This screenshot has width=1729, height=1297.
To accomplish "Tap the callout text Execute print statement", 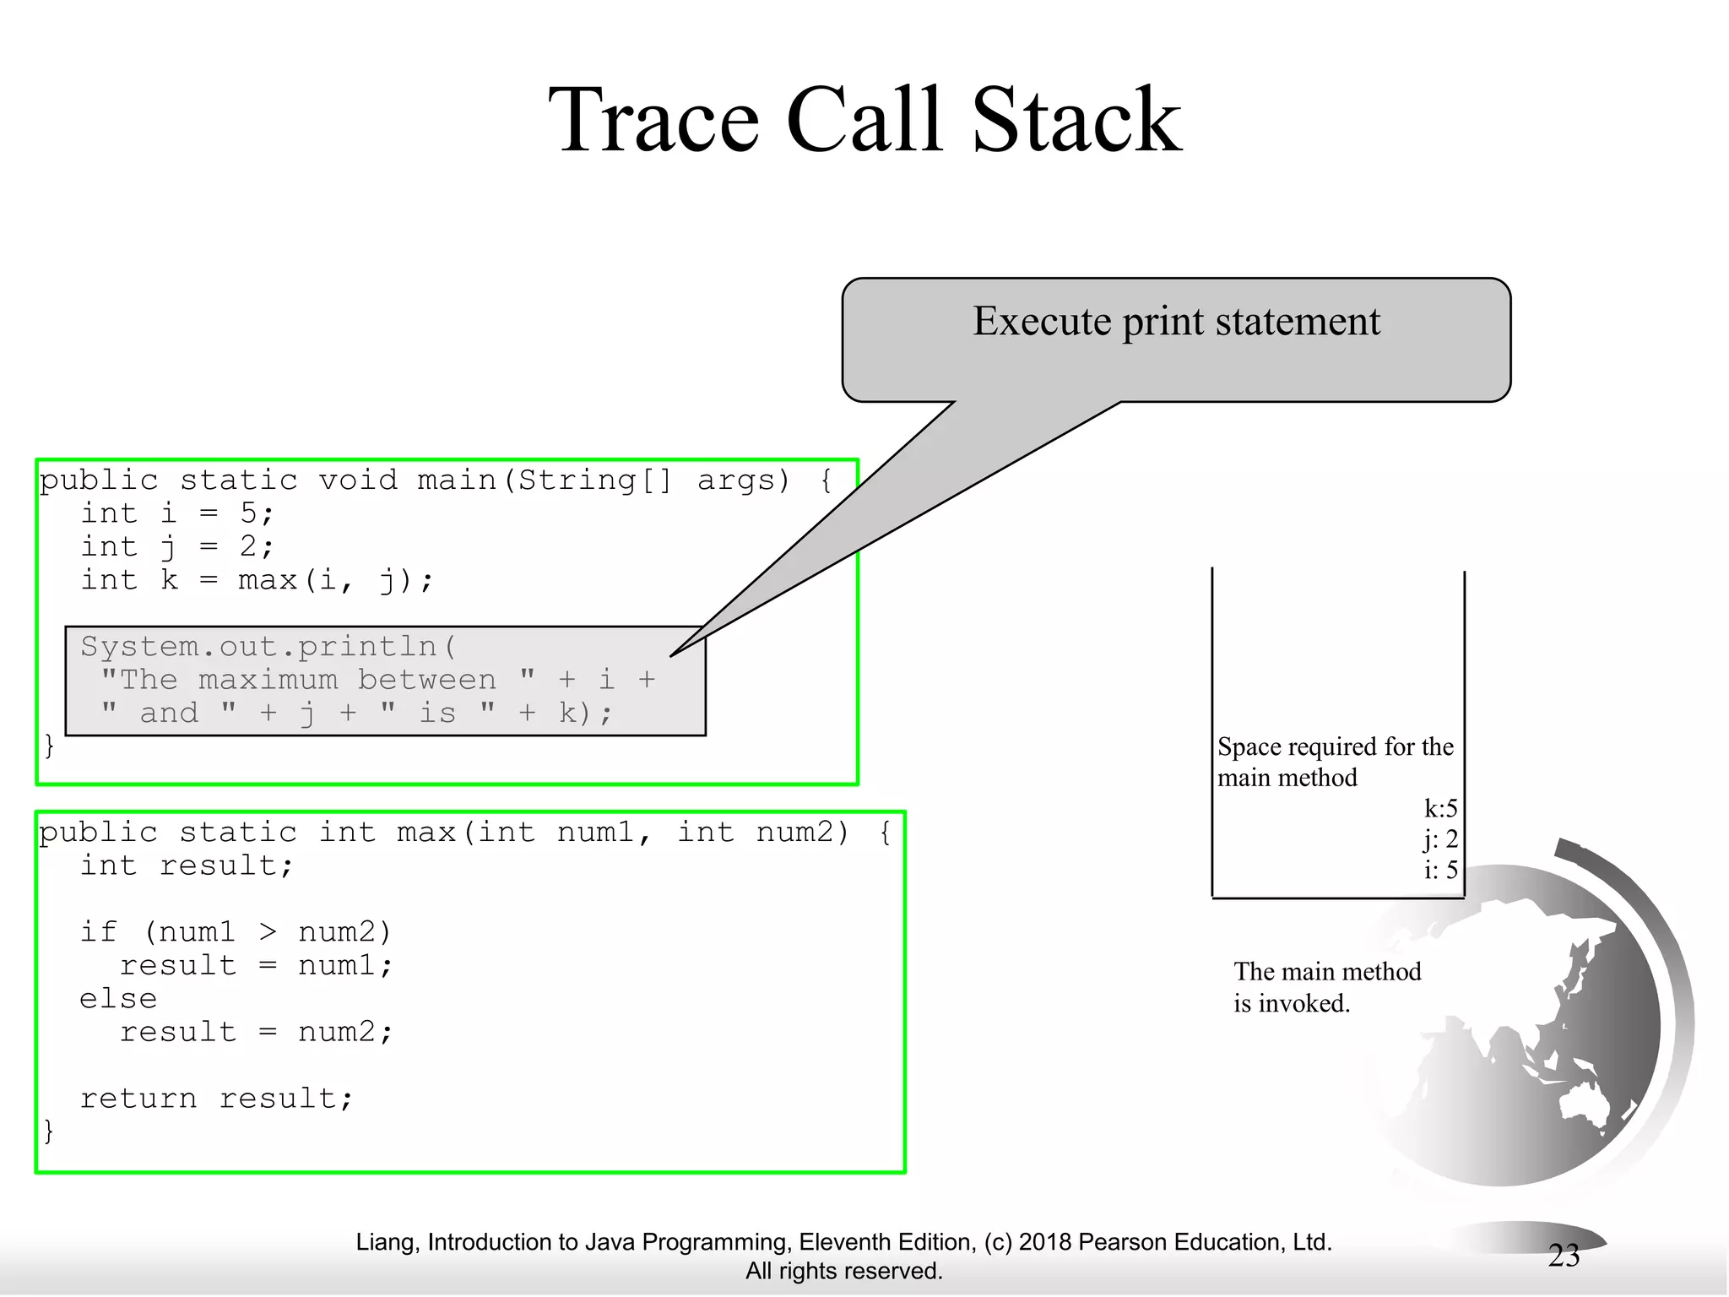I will (x=1176, y=322).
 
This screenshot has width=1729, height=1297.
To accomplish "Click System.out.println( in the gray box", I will (x=268, y=647).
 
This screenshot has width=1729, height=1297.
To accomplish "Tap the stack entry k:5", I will (x=1440, y=809).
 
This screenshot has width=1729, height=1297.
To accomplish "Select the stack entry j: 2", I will (x=1440, y=839).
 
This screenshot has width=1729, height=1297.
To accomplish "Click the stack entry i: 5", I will (x=1440, y=870).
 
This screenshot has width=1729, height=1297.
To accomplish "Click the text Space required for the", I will (x=1335, y=747).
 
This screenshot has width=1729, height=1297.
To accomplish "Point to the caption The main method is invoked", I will (x=1326, y=987).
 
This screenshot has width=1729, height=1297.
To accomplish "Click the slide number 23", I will (x=1564, y=1256).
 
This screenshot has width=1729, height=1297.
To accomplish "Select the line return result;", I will (x=216, y=1099).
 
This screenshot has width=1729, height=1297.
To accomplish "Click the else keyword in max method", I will (x=118, y=999).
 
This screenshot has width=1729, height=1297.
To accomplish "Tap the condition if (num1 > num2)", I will (x=236, y=932).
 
